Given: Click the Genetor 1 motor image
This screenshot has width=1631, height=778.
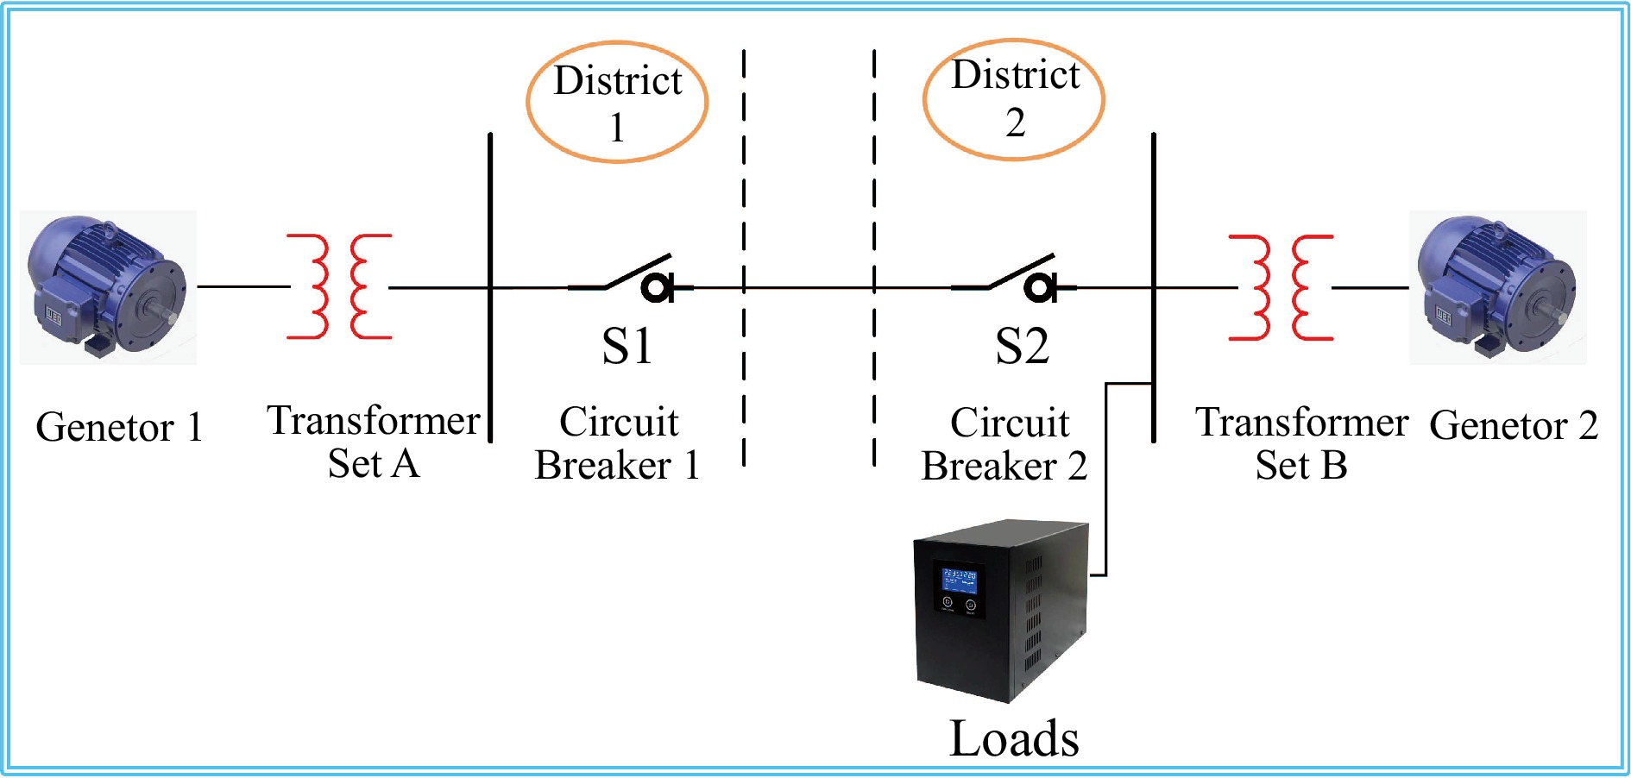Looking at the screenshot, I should pyautogui.click(x=108, y=286).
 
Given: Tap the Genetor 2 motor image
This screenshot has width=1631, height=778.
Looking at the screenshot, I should pyautogui.click(x=1497, y=286).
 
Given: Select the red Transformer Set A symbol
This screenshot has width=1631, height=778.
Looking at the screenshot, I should pyautogui.click(x=339, y=286).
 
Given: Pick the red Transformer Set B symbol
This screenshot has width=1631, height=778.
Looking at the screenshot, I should pyautogui.click(x=1281, y=287).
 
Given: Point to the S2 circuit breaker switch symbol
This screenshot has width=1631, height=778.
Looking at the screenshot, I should pyautogui.click(x=1014, y=278).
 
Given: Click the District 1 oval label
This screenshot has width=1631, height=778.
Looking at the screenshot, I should pyautogui.click(x=617, y=102).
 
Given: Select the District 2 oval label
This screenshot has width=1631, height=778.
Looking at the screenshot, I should pyautogui.click(x=1014, y=98).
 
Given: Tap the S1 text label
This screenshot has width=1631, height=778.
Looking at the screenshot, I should pyautogui.click(x=627, y=347).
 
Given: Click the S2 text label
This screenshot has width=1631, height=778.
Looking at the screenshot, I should pyautogui.click(x=1022, y=347).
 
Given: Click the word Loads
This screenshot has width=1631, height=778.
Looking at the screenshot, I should pyautogui.click(x=1014, y=739).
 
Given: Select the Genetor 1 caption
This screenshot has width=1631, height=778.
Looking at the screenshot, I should pyautogui.click(x=119, y=427).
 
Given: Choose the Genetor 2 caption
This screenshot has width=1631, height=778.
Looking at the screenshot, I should pyautogui.click(x=1514, y=425).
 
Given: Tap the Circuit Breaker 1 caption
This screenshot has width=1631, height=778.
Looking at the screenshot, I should pyautogui.click(x=618, y=444).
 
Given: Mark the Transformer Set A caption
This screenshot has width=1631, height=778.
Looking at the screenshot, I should pyautogui.click(x=374, y=442).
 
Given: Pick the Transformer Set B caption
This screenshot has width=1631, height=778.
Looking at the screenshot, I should pyautogui.click(x=1301, y=444).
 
